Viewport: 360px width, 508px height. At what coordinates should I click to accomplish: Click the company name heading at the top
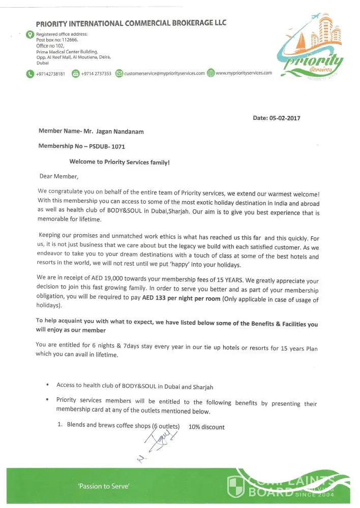click(131, 23)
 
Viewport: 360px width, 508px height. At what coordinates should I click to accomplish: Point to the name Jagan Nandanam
click(120, 132)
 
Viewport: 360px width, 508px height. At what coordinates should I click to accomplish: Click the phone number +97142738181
click(50, 74)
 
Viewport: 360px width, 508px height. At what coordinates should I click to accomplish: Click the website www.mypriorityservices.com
click(244, 73)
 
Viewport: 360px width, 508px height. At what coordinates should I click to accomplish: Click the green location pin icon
click(29, 35)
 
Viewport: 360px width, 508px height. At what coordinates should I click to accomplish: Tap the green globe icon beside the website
click(211, 73)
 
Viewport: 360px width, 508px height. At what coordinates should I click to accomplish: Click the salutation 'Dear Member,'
click(59, 177)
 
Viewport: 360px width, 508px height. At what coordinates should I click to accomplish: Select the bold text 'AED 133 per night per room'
click(182, 298)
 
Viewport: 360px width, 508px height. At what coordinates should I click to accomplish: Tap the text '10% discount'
click(206, 427)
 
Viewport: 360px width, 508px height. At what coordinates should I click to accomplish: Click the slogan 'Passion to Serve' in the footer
click(104, 486)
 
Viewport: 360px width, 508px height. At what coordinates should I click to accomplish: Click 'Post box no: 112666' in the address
click(57, 40)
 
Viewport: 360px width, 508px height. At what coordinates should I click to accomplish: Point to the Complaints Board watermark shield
click(236, 487)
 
